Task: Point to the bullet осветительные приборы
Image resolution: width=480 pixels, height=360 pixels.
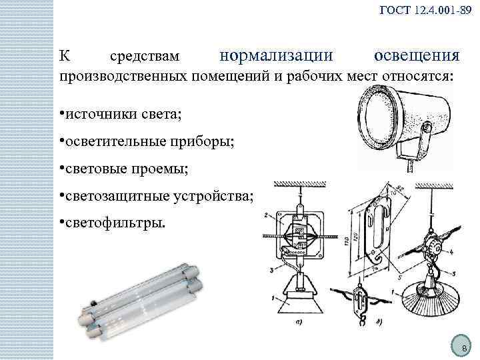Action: (x=146, y=141)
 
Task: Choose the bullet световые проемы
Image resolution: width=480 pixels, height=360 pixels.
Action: (x=127, y=168)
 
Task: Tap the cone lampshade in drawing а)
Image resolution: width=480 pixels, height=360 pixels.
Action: (x=301, y=299)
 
